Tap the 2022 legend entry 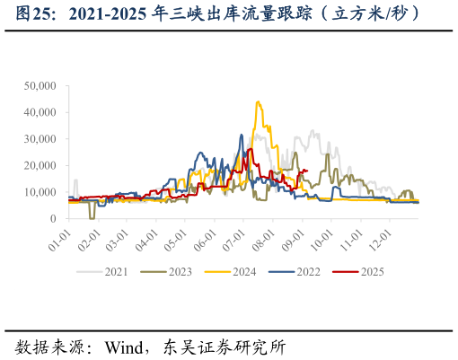[309, 271]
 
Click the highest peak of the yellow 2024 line [259, 102]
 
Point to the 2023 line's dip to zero [92, 217]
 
